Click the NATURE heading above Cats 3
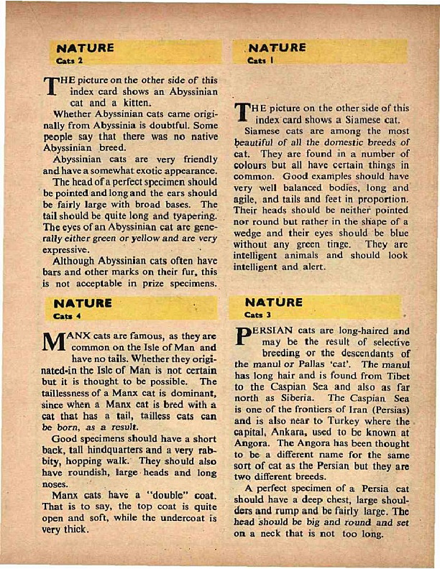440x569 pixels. click(x=274, y=302)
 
